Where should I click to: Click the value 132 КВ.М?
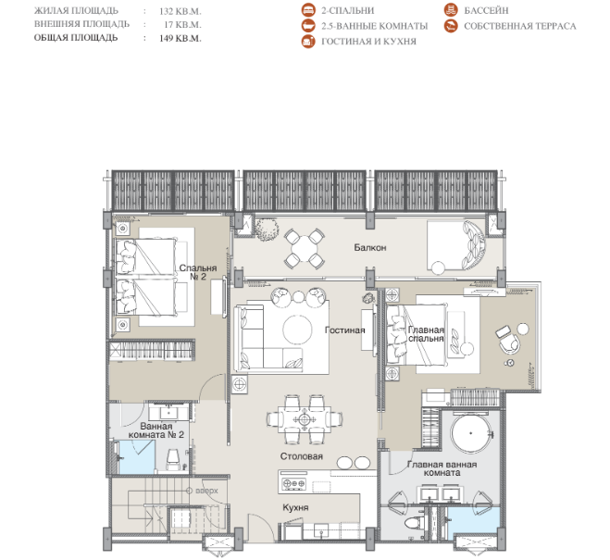[181, 11]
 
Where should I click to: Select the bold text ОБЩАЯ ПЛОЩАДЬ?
[76, 38]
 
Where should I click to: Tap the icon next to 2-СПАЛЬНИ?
[308, 10]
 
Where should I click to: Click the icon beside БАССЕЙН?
[451, 10]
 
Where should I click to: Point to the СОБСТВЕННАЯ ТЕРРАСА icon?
[451, 26]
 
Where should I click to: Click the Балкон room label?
[370, 247]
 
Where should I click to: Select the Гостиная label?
[345, 330]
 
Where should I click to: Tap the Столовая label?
[302, 456]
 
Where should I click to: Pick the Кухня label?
[295, 507]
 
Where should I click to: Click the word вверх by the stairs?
[206, 491]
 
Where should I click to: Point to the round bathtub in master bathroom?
[471, 433]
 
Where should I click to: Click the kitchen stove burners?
[293, 483]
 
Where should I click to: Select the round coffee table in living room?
[297, 330]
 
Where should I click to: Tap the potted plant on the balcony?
[267, 229]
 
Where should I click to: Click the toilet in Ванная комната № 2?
[172, 459]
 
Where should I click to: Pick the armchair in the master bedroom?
[508, 340]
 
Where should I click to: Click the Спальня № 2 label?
[198, 272]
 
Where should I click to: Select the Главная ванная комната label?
[442, 468]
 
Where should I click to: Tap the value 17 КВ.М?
[182, 24]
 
